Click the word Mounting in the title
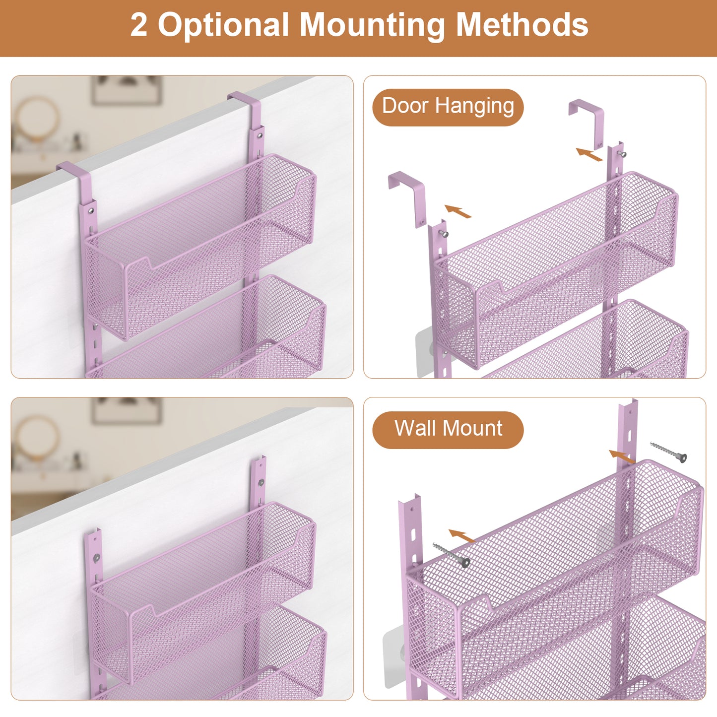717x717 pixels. (373, 26)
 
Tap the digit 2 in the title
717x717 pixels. (139, 24)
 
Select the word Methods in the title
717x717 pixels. (522, 24)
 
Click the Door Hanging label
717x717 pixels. (448, 107)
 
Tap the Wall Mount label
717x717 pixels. (448, 429)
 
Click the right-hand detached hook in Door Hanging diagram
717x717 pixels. (587, 122)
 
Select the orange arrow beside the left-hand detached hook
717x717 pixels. (457, 211)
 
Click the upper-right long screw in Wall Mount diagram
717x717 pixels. (668, 452)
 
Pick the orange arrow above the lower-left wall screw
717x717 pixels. (462, 536)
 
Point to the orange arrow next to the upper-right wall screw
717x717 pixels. (622, 456)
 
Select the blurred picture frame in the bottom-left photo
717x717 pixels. (127, 410)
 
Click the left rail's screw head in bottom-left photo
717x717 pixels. (96, 557)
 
